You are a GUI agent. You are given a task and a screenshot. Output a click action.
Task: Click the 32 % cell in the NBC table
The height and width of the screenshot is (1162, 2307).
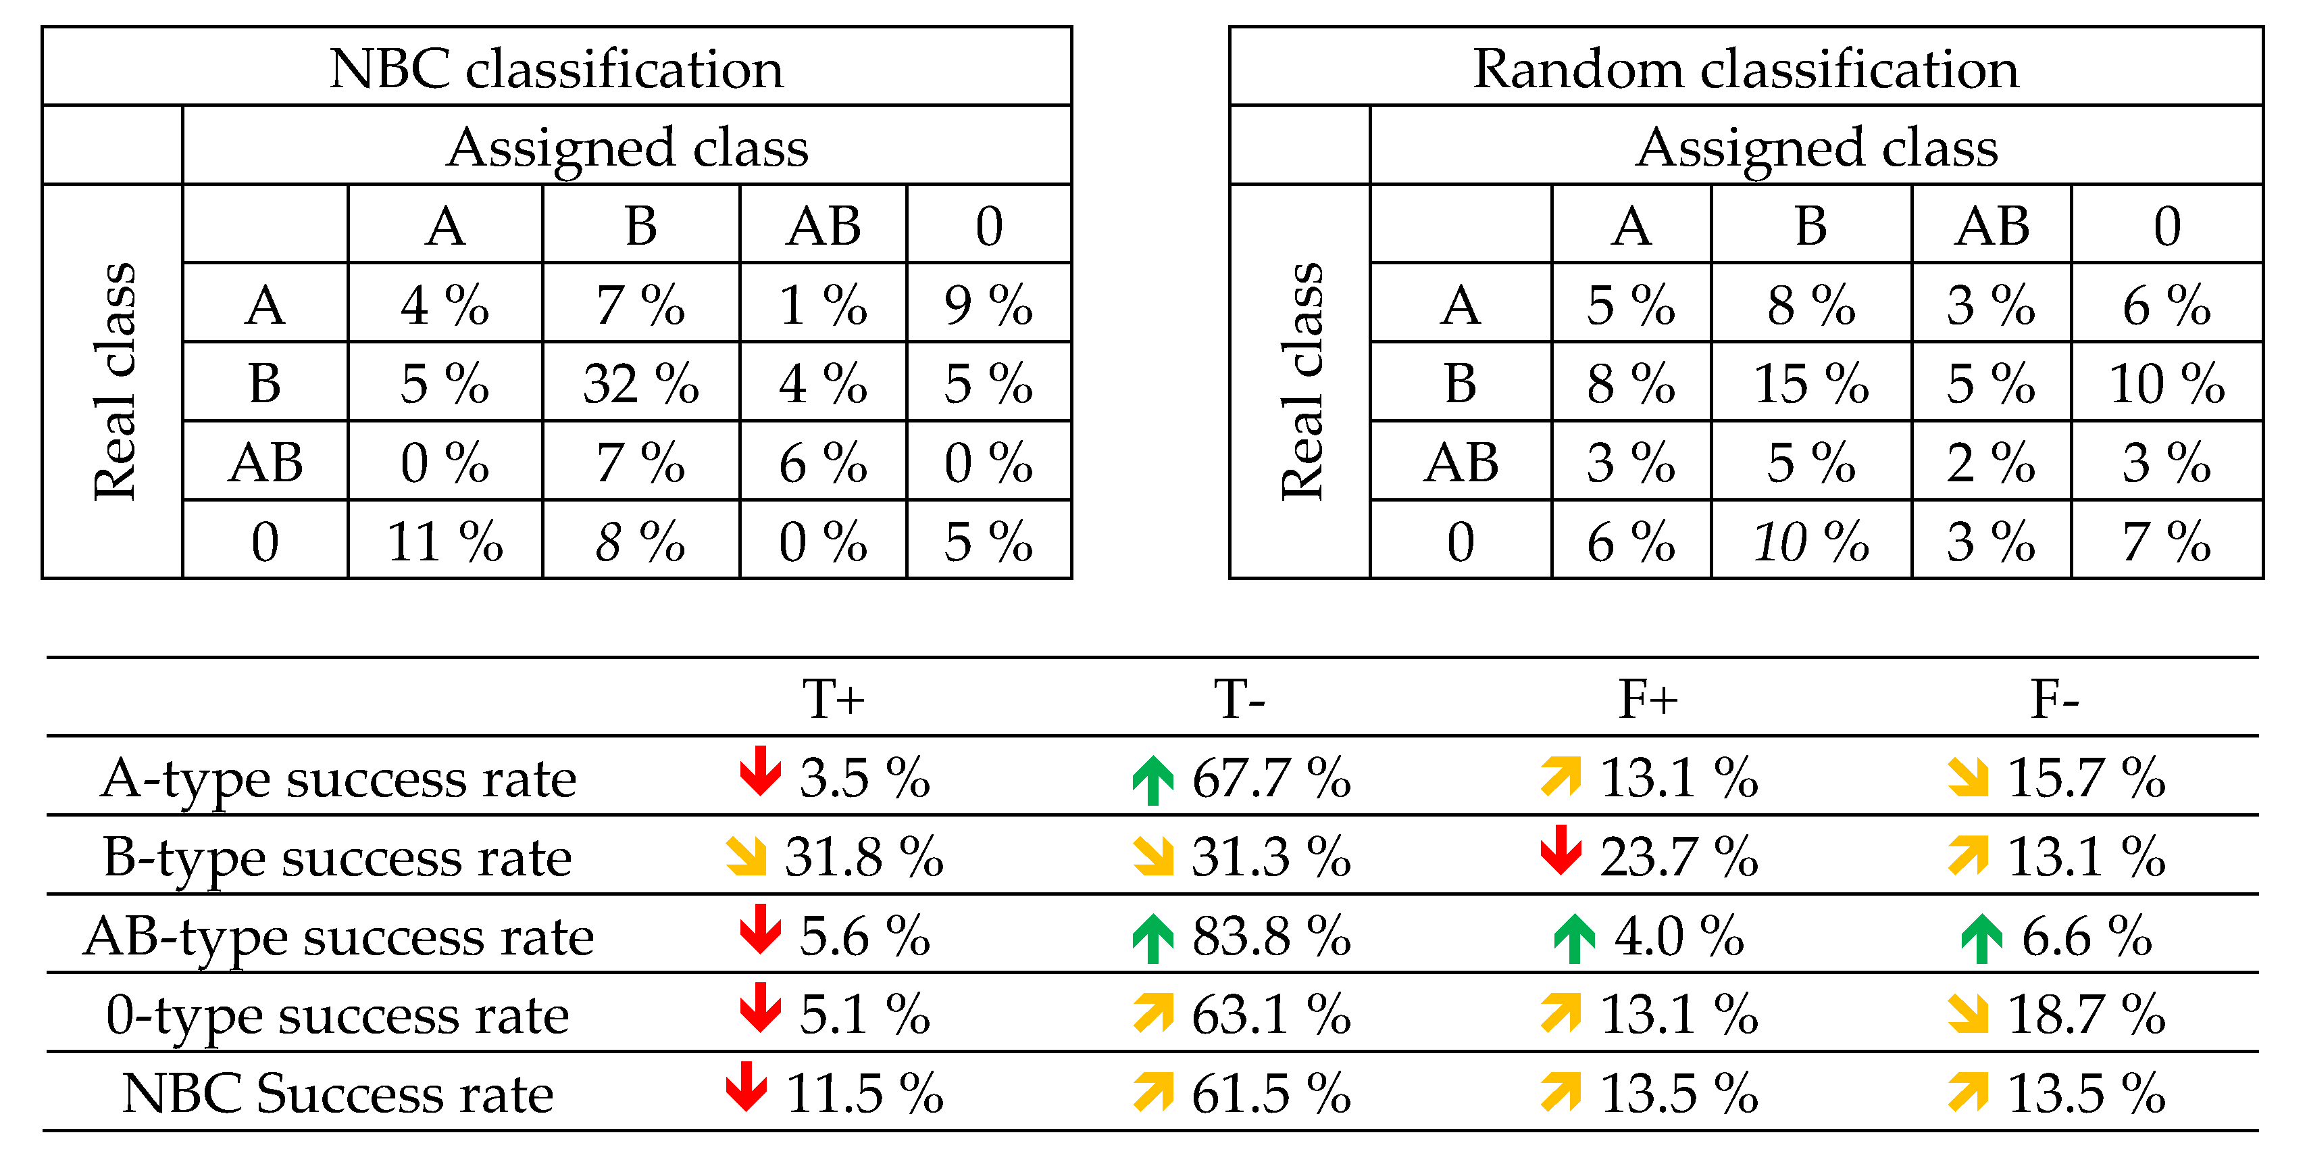pos(640,383)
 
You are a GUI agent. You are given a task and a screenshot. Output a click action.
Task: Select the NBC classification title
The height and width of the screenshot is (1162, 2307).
pos(556,68)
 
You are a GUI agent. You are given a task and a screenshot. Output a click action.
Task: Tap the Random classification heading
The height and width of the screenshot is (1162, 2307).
pos(1746,68)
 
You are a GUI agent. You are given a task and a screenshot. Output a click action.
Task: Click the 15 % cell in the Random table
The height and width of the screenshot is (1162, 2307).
pos(1810,383)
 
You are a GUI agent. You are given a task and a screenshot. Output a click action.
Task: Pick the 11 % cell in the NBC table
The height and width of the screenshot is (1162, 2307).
pos(445,541)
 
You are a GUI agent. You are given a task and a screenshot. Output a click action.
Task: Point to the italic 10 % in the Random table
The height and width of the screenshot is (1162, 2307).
pos(1810,541)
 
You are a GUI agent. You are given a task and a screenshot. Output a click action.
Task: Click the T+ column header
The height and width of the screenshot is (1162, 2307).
pos(833,699)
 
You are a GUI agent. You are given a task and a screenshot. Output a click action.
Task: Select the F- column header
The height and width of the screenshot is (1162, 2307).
pos(2054,699)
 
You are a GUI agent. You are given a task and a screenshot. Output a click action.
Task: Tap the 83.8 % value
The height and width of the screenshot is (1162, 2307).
pos(1270,936)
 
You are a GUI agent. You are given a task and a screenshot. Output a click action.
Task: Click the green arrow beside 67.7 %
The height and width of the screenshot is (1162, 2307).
pos(1152,779)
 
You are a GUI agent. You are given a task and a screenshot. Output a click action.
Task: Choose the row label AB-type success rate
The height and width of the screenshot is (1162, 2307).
pos(338,936)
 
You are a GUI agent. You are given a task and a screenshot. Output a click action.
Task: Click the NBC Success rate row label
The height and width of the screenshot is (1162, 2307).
pos(338,1093)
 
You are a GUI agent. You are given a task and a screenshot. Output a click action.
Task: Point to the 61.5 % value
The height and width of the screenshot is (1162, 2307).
pos(1270,1093)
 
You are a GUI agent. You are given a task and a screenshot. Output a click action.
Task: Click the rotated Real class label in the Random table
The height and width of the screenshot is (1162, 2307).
pos(1301,382)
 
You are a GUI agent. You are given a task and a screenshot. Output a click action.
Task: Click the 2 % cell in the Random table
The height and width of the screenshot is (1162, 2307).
pos(1990,462)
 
